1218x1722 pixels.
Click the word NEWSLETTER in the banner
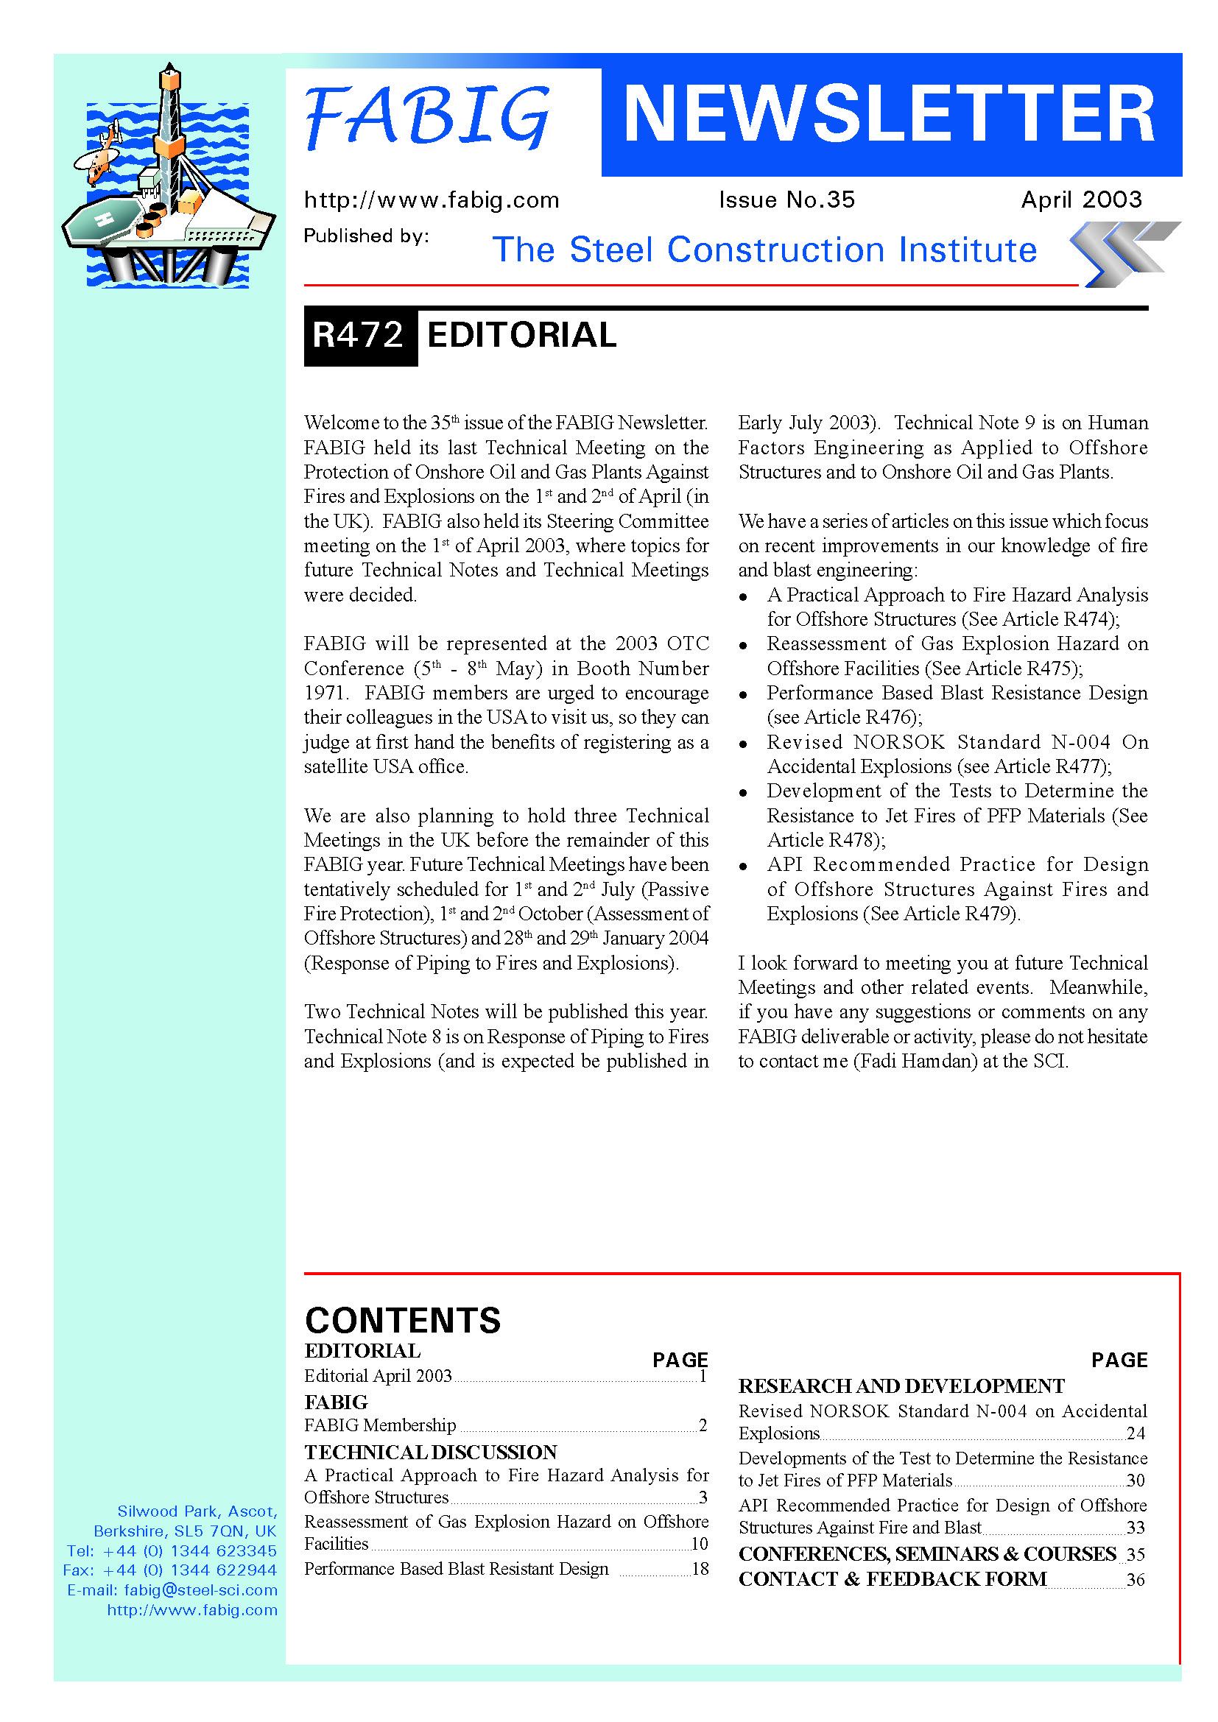tap(890, 114)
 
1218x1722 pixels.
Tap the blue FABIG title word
tap(428, 116)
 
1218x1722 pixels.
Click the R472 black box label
tap(359, 335)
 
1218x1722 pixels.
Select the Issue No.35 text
tap(786, 200)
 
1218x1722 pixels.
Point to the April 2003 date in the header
tap(1081, 200)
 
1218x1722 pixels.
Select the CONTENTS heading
tap(403, 1321)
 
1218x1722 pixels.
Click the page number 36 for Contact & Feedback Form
tap(1136, 1579)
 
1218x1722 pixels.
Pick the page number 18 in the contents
tap(700, 1569)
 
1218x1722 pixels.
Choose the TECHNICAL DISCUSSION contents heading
tap(431, 1452)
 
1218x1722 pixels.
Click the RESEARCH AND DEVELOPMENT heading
tap(901, 1386)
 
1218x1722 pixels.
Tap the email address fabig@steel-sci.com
tap(200, 1590)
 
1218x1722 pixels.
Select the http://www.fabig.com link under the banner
tap(432, 200)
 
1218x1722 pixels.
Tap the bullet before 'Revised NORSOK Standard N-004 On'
tap(742, 744)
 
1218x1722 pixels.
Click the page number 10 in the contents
tap(699, 1544)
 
